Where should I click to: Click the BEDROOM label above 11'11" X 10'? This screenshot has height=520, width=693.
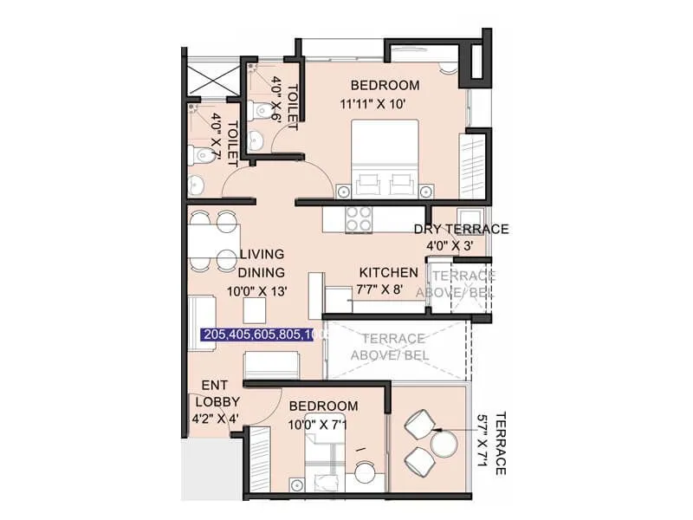[385, 85]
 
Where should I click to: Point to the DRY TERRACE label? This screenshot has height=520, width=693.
[461, 229]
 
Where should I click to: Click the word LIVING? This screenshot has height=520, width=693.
[262, 254]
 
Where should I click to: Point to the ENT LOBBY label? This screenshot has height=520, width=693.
[214, 393]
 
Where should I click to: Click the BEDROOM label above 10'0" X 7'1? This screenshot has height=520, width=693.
[323, 406]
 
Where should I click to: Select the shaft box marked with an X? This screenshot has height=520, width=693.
[213, 83]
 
